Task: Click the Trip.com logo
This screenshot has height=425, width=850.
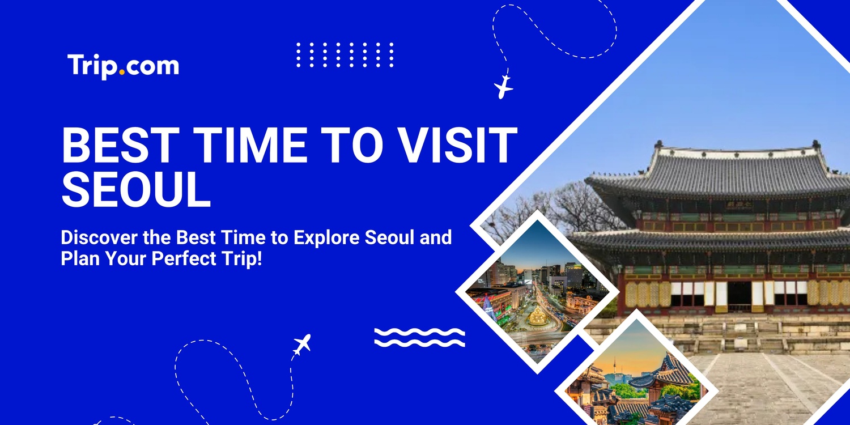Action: [x=123, y=66]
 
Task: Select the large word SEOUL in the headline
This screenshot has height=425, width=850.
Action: [x=136, y=190]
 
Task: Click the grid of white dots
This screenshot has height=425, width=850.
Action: [x=345, y=54]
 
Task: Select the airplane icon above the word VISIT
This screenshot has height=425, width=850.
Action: [x=503, y=87]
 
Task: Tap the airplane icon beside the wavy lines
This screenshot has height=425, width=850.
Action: [x=302, y=344]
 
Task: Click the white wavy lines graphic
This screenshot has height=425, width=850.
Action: [x=419, y=337]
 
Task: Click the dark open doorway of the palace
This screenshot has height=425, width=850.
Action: [x=739, y=294]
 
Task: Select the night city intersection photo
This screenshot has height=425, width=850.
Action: [x=533, y=295]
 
